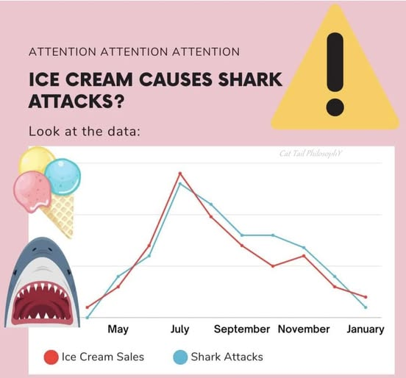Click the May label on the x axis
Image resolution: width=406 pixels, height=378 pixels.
click(x=118, y=329)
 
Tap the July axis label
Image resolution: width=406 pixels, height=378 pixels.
click(x=179, y=329)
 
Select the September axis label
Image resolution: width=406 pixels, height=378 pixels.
click(x=242, y=329)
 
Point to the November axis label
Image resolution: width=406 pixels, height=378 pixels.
click(x=304, y=329)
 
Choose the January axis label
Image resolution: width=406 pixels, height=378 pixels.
click(x=366, y=329)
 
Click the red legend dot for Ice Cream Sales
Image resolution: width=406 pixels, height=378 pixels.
click(x=51, y=357)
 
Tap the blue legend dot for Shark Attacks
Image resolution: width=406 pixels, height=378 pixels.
click(x=180, y=357)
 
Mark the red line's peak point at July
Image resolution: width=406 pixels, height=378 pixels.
click(x=180, y=174)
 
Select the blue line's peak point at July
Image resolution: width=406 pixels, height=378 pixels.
click(x=180, y=184)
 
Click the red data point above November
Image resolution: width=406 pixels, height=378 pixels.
click(x=304, y=256)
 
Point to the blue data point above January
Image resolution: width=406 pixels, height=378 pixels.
click(x=366, y=307)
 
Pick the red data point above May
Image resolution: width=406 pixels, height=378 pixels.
click(x=118, y=287)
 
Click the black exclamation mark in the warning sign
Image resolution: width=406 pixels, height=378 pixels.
click(x=335, y=74)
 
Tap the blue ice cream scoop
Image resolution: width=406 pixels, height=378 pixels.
click(x=63, y=176)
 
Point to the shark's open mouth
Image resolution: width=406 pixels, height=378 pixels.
click(x=42, y=302)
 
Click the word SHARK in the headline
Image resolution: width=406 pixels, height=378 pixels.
click(x=250, y=79)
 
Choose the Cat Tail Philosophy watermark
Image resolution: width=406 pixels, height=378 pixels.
click(x=310, y=154)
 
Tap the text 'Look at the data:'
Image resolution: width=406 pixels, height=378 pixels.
click(x=85, y=131)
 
